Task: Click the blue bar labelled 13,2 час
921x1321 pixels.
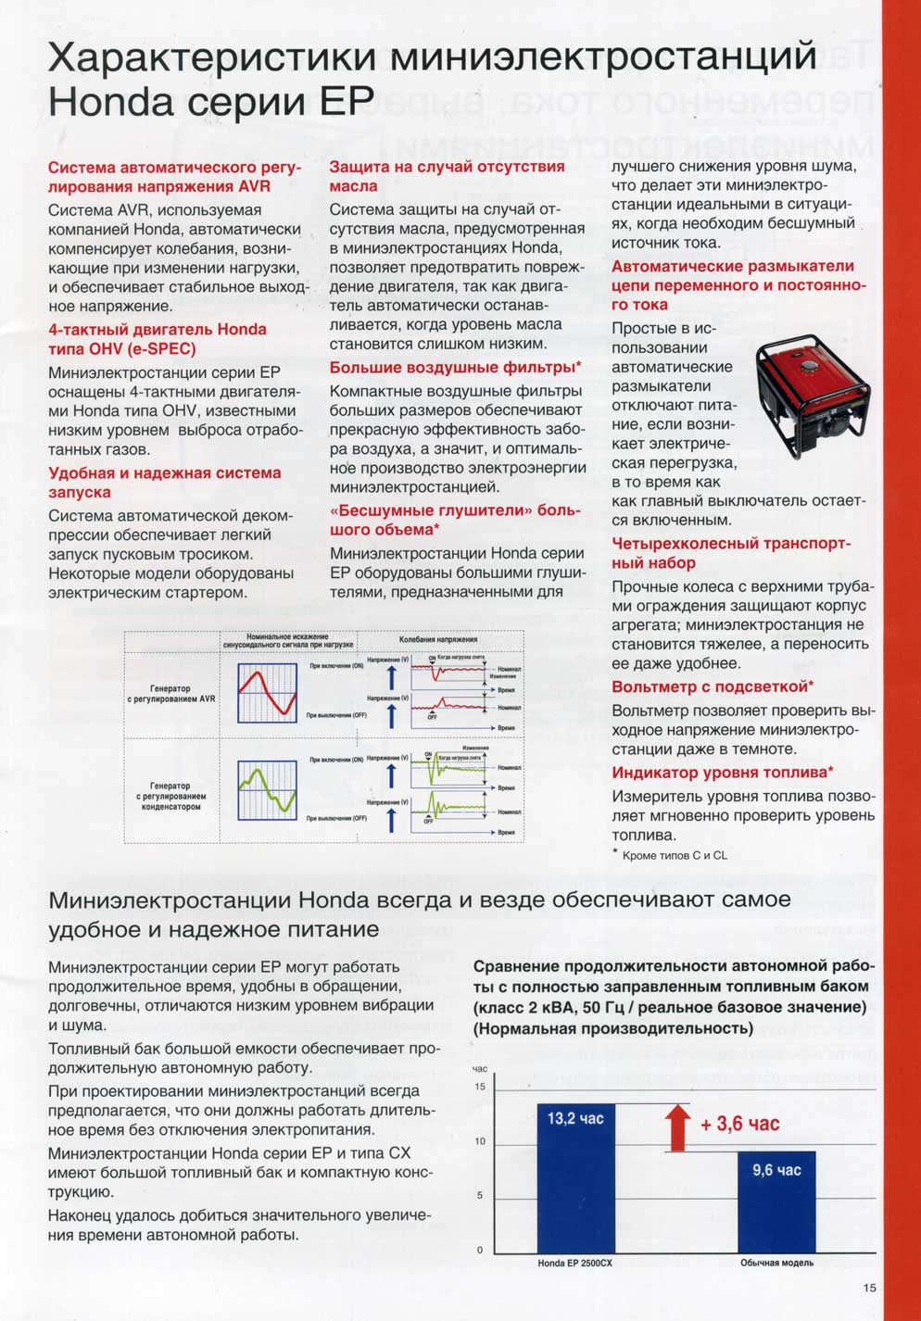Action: click(x=575, y=1176)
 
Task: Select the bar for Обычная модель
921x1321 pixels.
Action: click(x=776, y=1201)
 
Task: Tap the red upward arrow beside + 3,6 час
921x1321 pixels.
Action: click(x=678, y=1126)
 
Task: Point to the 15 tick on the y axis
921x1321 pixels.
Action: click(x=480, y=1087)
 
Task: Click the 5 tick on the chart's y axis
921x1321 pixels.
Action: click(x=480, y=1196)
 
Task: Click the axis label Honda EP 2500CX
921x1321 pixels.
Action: click(x=575, y=1263)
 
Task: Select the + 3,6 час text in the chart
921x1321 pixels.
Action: click(x=740, y=1125)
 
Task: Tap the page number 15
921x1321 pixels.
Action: click(x=869, y=1287)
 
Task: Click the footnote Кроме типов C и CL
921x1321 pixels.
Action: click(x=675, y=855)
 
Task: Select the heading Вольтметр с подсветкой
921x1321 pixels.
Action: click(x=713, y=686)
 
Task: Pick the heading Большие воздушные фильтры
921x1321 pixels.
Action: click(x=456, y=368)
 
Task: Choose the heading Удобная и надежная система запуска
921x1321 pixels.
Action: click(x=164, y=483)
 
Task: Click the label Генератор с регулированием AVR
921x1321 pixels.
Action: click(x=170, y=693)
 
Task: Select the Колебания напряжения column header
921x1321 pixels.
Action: click(x=438, y=639)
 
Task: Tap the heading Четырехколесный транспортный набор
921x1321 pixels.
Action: click(x=730, y=553)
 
